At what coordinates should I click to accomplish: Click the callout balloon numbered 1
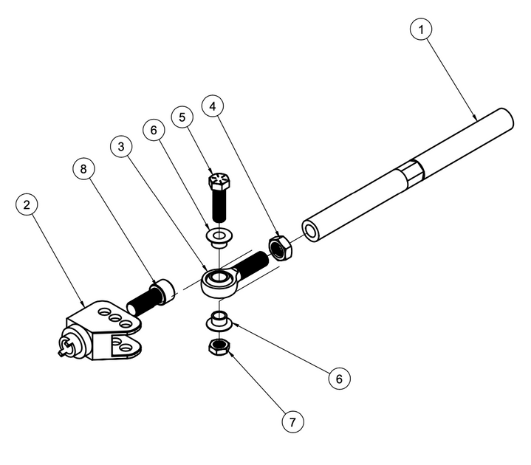(x=422, y=30)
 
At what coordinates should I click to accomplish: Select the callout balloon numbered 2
(x=27, y=204)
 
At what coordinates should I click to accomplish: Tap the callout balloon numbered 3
(x=122, y=146)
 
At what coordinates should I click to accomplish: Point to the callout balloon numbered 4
(x=213, y=106)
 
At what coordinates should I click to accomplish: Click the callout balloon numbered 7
(x=293, y=422)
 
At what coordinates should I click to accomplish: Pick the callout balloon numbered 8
(x=84, y=168)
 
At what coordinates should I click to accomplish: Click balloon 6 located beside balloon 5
(x=154, y=130)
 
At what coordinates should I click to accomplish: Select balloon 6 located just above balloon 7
(x=339, y=379)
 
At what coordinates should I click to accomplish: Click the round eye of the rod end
(x=217, y=280)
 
